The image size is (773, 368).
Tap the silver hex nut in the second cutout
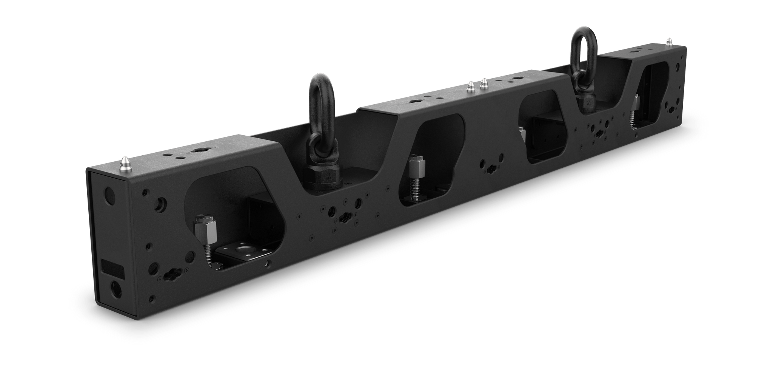click(x=417, y=166)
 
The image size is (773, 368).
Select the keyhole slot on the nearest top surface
click(x=198, y=150)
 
